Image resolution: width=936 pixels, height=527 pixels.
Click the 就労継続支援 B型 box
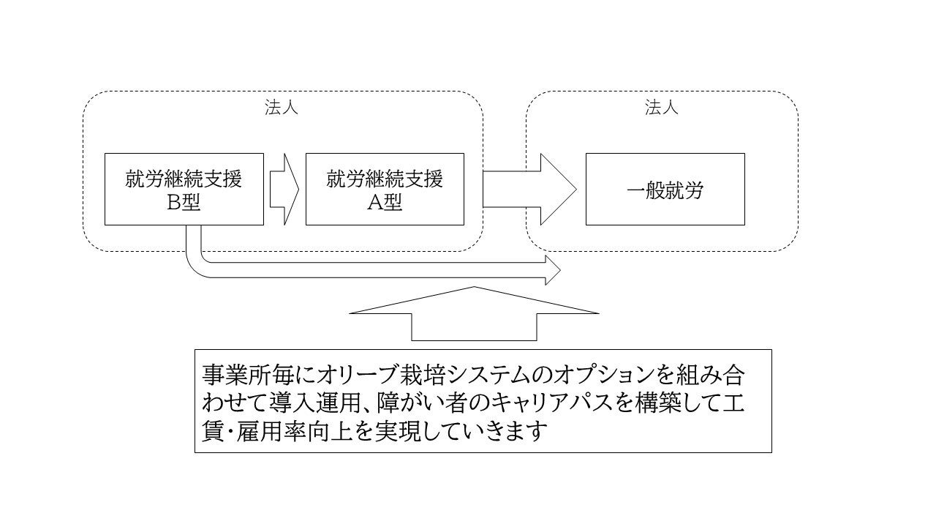[x=184, y=189]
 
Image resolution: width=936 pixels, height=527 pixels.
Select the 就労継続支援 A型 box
[x=385, y=189]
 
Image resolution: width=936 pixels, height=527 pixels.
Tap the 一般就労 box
[x=665, y=189]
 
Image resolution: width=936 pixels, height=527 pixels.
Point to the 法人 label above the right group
[x=662, y=108]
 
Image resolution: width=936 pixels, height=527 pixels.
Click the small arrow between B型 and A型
[x=284, y=189]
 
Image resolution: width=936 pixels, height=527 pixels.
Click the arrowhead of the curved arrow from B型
[x=553, y=271]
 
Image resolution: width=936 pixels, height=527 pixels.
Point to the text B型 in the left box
[x=184, y=203]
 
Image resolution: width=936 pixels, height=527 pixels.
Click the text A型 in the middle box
[x=385, y=203]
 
